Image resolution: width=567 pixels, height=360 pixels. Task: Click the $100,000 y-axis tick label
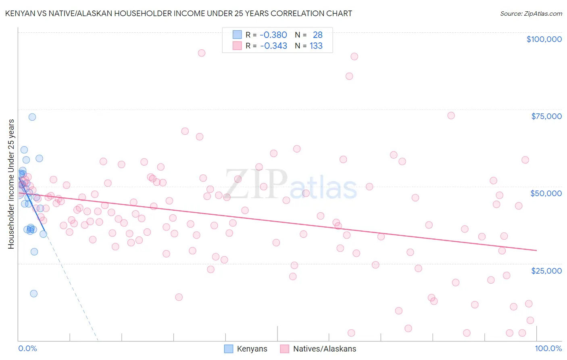click(x=544, y=39)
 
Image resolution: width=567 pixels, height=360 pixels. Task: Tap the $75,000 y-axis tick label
click(x=546, y=116)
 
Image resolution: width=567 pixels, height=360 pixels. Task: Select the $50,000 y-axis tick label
click(x=546, y=193)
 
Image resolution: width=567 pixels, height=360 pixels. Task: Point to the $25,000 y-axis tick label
click(x=546, y=271)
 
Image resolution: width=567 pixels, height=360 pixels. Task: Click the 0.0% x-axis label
click(x=27, y=348)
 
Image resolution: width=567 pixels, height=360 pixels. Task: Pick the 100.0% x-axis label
click(x=548, y=348)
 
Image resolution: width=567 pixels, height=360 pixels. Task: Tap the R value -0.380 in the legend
click(x=273, y=35)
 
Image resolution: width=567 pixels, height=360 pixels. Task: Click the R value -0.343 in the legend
click(x=273, y=46)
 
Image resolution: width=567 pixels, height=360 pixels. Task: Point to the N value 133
click(x=316, y=46)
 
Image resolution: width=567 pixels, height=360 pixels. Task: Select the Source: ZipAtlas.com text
click(x=531, y=14)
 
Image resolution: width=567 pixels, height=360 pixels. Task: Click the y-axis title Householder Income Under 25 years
click(x=11, y=184)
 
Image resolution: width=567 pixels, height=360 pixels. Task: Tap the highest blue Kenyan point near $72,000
click(x=32, y=117)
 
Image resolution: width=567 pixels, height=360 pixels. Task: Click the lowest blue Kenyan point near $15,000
click(x=34, y=293)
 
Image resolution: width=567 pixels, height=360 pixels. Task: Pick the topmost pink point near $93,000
click(x=202, y=53)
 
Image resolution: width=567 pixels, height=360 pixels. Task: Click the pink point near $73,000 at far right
click(x=451, y=115)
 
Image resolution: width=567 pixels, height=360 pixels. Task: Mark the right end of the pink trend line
click(x=536, y=251)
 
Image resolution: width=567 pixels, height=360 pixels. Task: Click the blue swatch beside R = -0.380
click(x=237, y=35)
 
